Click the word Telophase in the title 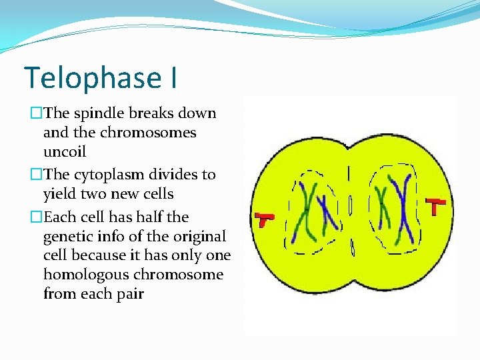click(91, 77)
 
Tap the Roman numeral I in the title click(173, 77)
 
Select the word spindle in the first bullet click(94, 113)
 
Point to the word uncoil click(64, 152)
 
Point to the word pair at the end click(129, 294)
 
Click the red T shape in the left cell click(265, 219)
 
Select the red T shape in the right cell click(435, 206)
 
